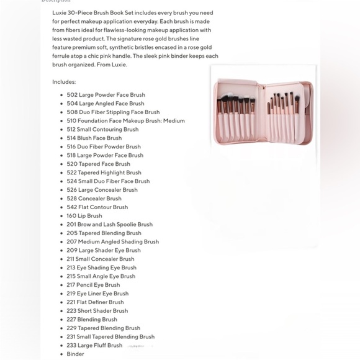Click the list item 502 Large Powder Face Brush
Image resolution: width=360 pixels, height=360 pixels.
pyautogui.click(x=106, y=95)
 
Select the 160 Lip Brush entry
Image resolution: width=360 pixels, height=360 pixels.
pyautogui.click(x=84, y=216)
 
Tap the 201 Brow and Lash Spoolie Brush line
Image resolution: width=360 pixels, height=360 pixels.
pyautogui.click(x=109, y=225)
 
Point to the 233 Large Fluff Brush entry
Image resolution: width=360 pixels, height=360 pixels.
pyautogui.click(x=94, y=346)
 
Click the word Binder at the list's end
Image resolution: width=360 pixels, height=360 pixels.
pyautogui.click(x=75, y=354)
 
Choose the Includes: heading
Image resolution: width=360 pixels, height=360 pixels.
pyautogui.click(x=64, y=81)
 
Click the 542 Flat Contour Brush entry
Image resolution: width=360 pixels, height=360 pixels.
pyautogui.click(x=97, y=207)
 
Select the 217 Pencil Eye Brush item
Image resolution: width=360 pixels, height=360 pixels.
pyautogui.click(x=93, y=285)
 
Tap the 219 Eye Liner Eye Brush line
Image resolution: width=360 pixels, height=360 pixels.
pyautogui.click(x=97, y=294)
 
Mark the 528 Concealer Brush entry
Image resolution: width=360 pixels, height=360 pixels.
pyautogui.click(x=94, y=199)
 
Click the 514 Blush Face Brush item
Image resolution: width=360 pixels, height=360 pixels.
pyautogui.click(x=94, y=138)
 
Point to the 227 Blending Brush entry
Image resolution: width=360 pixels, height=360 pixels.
pyautogui.click(x=92, y=320)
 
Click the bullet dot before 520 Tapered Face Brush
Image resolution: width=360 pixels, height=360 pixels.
pyautogui.click(x=61, y=164)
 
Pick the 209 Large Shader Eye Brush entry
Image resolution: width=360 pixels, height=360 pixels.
pyautogui.click(x=104, y=251)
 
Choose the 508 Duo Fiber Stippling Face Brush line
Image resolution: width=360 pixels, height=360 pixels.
pyautogui.click(x=113, y=112)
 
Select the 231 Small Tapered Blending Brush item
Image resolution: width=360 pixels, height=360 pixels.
pyautogui.click(x=110, y=337)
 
